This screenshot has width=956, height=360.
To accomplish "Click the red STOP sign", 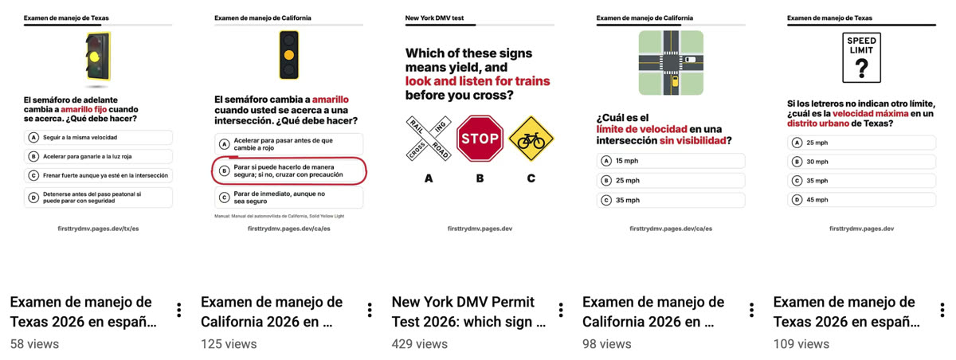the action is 480,139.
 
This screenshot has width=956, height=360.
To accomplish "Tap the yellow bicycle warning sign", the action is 531,139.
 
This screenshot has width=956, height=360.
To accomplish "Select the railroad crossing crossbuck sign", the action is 429,139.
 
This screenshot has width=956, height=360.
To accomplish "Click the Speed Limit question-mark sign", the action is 861,57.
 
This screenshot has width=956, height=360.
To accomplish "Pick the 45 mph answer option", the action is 861,200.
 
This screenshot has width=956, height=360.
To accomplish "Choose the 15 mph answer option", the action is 671,161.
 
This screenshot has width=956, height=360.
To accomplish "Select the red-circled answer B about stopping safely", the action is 289,171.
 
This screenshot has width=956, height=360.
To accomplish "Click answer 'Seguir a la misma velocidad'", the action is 98,137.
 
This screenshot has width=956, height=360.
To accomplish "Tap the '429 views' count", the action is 420,344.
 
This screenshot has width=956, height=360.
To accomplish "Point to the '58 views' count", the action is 34,344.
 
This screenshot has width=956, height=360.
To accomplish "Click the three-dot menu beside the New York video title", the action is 561,311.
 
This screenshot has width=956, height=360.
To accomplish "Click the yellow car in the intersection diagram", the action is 675,81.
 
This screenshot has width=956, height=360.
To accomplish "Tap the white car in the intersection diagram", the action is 690,59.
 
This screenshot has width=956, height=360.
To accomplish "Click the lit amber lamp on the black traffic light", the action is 289,55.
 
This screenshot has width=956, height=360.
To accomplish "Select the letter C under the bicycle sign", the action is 531,178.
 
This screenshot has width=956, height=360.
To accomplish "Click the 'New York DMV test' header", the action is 434,18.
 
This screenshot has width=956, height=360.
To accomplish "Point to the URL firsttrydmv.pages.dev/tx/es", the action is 98,229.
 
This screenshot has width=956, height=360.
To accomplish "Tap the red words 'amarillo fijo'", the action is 84,109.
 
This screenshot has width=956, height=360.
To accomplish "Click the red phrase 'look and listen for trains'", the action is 477,81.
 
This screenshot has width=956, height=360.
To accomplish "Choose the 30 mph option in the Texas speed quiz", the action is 861,162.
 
